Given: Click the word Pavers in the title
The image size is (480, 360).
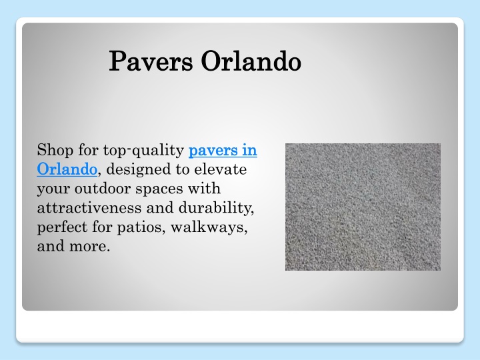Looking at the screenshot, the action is click(151, 61).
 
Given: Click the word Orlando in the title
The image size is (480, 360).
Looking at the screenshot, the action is click(251, 61).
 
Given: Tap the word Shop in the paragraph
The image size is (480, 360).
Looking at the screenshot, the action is click(55, 151).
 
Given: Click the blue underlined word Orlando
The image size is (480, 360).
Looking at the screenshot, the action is click(67, 169).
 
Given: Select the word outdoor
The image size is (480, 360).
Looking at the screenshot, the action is click(103, 188).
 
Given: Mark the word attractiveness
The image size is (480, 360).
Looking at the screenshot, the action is click(89, 208).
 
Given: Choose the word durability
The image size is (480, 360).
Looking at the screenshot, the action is click(216, 208).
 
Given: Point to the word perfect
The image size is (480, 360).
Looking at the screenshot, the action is click(62, 227).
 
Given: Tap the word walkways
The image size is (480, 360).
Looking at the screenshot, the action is click(209, 227).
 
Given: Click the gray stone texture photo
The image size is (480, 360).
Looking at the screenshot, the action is click(363, 207).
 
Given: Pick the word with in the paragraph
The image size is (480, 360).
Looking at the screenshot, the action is click(204, 188).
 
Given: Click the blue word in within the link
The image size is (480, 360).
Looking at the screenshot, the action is click(249, 150).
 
